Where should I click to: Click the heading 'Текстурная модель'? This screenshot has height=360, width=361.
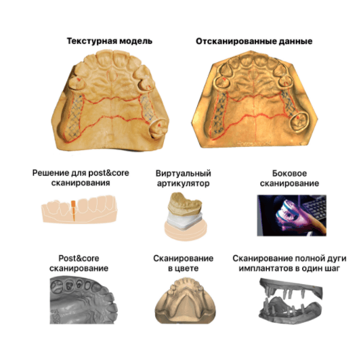click(110, 41)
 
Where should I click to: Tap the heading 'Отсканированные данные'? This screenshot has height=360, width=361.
click(254, 41)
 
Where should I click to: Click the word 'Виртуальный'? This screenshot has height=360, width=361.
click(184, 173)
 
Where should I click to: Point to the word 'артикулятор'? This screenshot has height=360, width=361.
click(184, 183)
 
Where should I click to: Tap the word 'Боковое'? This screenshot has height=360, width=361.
click(289, 173)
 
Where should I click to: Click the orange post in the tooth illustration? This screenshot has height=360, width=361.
click(73, 210)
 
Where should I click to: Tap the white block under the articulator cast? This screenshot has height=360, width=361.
click(185, 221)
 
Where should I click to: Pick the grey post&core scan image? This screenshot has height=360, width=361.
click(83, 300)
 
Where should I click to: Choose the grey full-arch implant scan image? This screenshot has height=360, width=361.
click(291, 300)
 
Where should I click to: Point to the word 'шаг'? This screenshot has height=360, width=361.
click(333, 269)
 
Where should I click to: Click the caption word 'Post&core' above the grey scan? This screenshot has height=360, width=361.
click(79, 258)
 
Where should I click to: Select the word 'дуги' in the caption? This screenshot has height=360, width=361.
click(336, 258)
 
